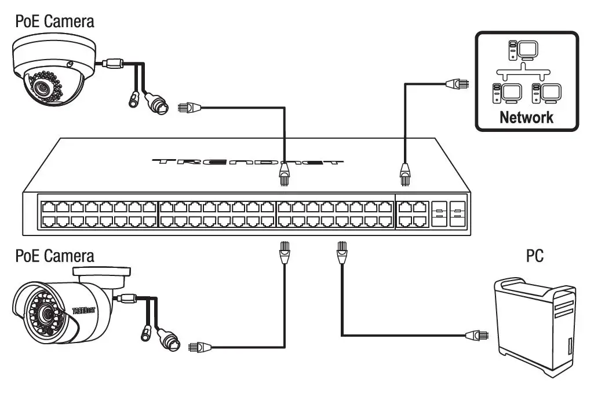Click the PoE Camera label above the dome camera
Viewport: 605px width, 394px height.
(54, 22)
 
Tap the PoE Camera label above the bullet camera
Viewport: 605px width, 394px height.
(54, 255)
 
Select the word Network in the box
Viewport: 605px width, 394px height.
(526, 117)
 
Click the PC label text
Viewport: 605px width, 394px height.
(534, 256)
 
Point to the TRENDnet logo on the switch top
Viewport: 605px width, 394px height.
(248, 162)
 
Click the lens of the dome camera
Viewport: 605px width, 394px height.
(41, 87)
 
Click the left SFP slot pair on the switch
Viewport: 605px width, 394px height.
(439, 213)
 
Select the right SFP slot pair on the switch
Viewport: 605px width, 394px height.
(457, 213)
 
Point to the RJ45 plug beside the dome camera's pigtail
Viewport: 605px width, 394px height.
(191, 107)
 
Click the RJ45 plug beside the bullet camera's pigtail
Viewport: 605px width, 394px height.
(198, 347)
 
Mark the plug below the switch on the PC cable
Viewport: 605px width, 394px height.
(341, 253)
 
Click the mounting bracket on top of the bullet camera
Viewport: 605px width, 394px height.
(103, 274)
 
